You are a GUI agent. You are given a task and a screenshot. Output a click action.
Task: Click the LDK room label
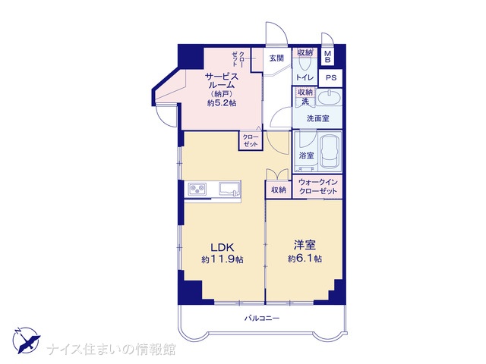pyautogui.click(x=222, y=247)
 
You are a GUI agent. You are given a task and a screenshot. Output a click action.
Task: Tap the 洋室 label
pyautogui.click(x=305, y=245)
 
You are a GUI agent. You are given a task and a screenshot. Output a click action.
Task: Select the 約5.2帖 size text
pyautogui.click(x=222, y=103)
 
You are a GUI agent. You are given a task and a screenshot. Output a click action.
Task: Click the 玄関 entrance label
pyautogui.click(x=276, y=58)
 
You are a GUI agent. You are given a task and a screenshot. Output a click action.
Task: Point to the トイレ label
pyautogui.click(x=305, y=77)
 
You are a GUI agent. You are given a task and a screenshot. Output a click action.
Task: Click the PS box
pyautogui.click(x=331, y=77)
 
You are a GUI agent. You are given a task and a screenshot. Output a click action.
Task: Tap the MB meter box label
pyautogui.click(x=327, y=57)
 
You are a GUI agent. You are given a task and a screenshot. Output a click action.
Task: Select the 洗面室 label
pyautogui.click(x=317, y=118)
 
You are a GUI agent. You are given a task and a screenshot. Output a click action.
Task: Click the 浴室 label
pyautogui.click(x=306, y=155)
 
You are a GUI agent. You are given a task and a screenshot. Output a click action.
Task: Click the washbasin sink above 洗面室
pyautogui.click(x=330, y=98)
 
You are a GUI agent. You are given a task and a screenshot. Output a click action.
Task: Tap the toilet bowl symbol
pyautogui.click(x=305, y=64)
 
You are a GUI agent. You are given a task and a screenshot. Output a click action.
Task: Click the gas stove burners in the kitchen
pyautogui.click(x=197, y=189)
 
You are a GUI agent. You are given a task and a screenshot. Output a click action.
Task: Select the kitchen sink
pyautogui.click(x=229, y=189)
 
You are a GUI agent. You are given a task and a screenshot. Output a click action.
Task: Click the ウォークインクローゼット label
pyautogui.click(x=317, y=187)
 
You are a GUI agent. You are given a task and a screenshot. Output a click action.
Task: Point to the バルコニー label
pyautogui.click(x=262, y=318)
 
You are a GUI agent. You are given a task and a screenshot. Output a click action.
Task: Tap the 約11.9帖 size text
pyautogui.click(x=222, y=259)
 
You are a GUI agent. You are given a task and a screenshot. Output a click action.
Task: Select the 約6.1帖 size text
pyautogui.click(x=305, y=258)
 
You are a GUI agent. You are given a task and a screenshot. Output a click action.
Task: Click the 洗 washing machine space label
pyautogui.click(x=305, y=101)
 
